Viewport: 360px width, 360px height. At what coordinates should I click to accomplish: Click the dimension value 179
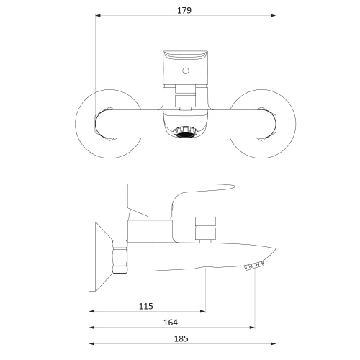pyautogui.click(x=184, y=10)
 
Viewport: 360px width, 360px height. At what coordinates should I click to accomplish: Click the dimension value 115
pyautogui.click(x=146, y=306)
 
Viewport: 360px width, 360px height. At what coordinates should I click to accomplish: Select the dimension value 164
pyautogui.click(x=171, y=323)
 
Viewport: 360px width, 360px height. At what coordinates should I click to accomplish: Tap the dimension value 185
pyautogui.click(x=181, y=338)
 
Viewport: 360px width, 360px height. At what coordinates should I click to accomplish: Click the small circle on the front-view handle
pyautogui.click(x=186, y=71)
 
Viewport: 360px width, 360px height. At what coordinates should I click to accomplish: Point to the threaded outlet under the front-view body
pyautogui.click(x=186, y=132)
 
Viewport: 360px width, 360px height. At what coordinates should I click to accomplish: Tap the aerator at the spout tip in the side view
pyautogui.click(x=254, y=266)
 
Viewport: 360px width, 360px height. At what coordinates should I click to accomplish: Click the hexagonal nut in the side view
pyautogui.click(x=120, y=256)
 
